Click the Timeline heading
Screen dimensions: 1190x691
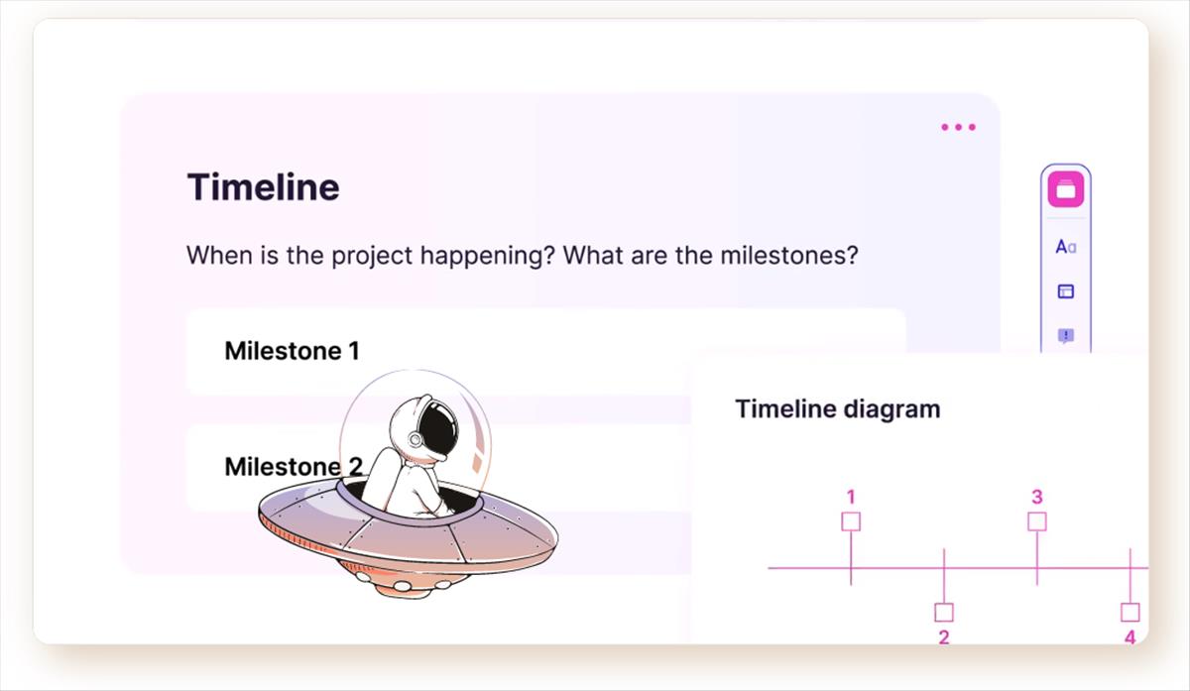click(263, 187)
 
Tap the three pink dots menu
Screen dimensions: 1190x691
click(958, 127)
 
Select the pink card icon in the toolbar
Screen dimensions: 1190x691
click(1066, 189)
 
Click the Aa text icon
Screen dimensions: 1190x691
click(1066, 247)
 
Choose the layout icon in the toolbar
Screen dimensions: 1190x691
click(1066, 291)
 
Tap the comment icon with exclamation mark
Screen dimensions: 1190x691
click(1066, 336)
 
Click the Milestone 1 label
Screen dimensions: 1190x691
click(292, 351)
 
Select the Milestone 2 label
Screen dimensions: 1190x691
click(294, 466)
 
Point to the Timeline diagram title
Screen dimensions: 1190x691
click(838, 409)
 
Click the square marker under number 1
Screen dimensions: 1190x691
click(851, 521)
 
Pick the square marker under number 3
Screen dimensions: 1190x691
click(1037, 521)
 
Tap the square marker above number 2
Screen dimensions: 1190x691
click(944, 613)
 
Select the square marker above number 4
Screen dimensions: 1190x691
click(1130, 613)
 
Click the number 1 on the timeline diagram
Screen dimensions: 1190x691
click(851, 497)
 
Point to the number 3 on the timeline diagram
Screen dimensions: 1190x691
click(1037, 497)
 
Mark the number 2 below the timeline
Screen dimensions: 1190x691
click(944, 637)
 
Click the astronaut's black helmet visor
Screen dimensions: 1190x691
click(438, 429)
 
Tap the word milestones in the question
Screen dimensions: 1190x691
click(789, 255)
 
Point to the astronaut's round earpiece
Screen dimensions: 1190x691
click(415, 439)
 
